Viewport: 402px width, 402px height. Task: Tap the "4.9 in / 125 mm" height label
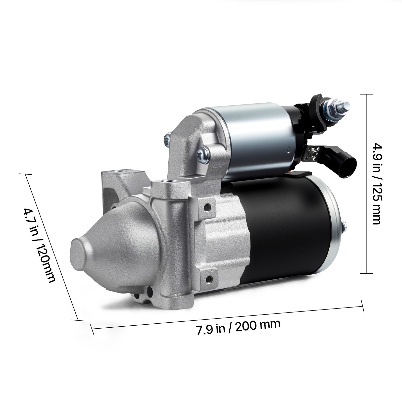(377, 183)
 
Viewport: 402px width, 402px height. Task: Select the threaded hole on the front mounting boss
(166, 181)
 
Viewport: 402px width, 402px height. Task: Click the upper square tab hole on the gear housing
(207, 208)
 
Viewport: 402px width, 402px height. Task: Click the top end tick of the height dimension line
(367, 94)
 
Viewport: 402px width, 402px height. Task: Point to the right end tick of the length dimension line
(363, 306)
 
